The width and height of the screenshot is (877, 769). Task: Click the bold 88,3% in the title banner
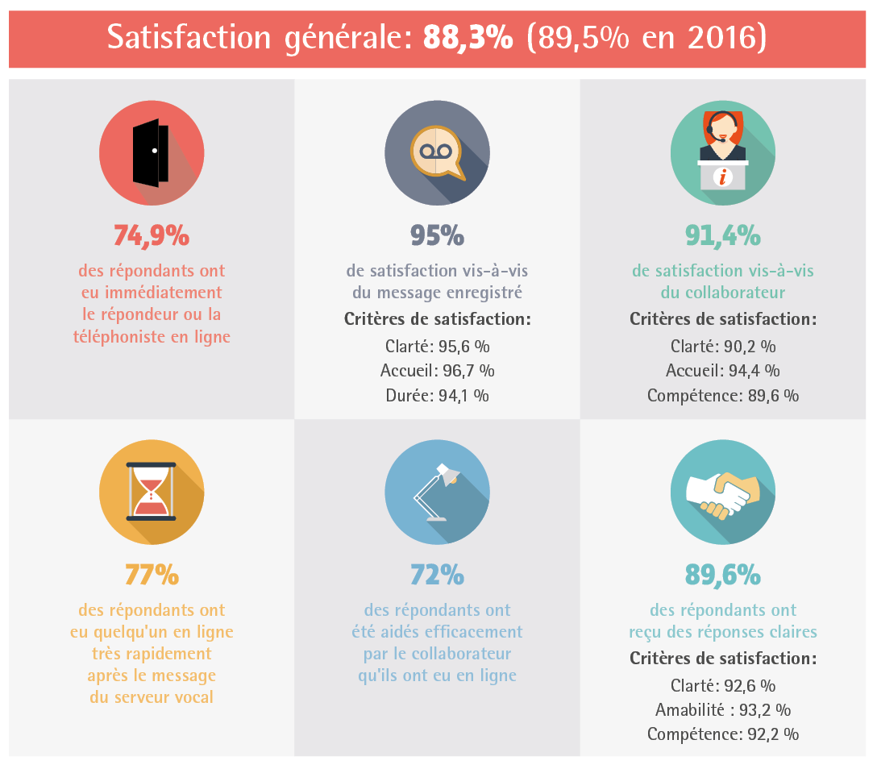pyautogui.click(x=468, y=38)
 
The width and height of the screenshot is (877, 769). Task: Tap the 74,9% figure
pyautogui.click(x=152, y=235)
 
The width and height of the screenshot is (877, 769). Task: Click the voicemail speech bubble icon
pyautogui.click(x=436, y=152)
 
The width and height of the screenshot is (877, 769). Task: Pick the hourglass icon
pyautogui.click(x=151, y=491)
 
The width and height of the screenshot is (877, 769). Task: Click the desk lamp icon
pyautogui.click(x=436, y=491)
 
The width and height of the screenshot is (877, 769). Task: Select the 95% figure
pyautogui.click(x=437, y=235)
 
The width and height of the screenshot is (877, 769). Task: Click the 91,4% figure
pyautogui.click(x=722, y=235)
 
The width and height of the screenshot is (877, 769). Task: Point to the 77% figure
pyautogui.click(x=152, y=576)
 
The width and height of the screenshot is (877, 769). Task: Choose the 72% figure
pyautogui.click(x=437, y=576)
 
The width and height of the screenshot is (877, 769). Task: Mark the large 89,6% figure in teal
pyautogui.click(x=722, y=576)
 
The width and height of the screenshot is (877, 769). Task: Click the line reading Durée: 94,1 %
pyautogui.click(x=437, y=396)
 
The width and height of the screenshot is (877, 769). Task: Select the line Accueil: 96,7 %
pyautogui.click(x=437, y=372)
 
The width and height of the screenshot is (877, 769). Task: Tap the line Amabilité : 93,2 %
pyautogui.click(x=722, y=710)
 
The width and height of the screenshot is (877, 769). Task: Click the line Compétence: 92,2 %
pyautogui.click(x=722, y=734)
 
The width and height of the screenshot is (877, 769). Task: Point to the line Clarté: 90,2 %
pyautogui.click(x=722, y=347)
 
